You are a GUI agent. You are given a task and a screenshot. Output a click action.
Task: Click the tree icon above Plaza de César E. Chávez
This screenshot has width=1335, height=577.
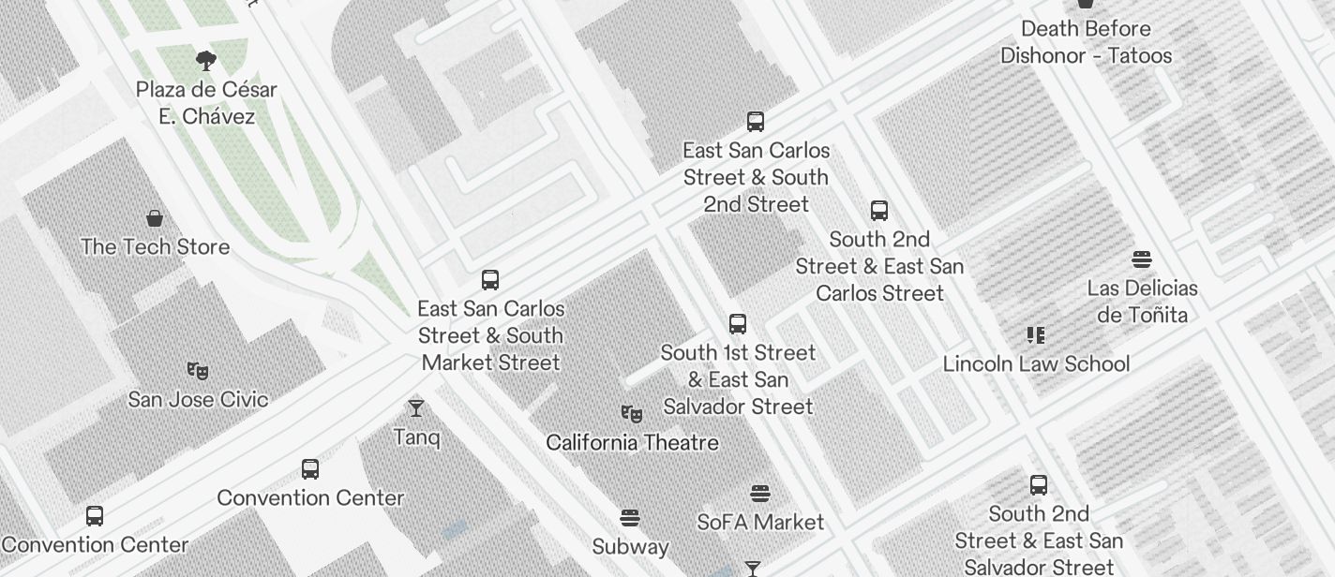tap(206, 62)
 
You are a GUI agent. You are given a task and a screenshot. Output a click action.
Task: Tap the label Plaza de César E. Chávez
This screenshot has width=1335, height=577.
tap(206, 103)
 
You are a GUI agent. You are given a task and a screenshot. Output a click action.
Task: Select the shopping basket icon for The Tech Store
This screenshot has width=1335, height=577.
tap(155, 219)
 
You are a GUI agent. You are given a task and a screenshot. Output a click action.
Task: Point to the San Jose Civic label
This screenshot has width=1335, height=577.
tap(198, 399)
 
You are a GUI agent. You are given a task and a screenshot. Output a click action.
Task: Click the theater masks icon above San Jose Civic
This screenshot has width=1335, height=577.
tap(197, 371)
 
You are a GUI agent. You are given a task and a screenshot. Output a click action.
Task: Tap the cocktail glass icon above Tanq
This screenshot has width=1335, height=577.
tap(416, 408)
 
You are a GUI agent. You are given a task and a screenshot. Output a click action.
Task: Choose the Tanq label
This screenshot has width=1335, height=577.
tap(416, 437)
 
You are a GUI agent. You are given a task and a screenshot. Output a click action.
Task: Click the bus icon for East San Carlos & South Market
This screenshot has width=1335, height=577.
tap(490, 279)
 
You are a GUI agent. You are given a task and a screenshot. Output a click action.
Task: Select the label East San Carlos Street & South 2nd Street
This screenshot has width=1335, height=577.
tap(756, 177)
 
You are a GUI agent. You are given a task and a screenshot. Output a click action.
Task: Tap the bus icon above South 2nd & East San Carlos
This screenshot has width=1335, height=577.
tap(879, 211)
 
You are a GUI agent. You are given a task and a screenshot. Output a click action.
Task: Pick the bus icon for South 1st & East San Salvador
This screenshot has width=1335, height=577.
tap(738, 324)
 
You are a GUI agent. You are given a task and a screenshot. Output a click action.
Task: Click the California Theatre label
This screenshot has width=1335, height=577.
tap(632, 442)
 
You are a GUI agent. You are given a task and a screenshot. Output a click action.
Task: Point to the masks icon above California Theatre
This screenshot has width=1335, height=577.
tap(632, 413)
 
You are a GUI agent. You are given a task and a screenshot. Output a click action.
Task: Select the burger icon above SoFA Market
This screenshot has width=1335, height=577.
tap(760, 494)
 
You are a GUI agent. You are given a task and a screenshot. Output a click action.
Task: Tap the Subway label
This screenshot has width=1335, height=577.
tap(630, 546)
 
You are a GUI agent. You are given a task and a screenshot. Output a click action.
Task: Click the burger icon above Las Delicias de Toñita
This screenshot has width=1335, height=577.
tap(1142, 259)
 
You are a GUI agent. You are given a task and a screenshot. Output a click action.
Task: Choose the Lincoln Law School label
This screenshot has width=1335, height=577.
tap(1036, 363)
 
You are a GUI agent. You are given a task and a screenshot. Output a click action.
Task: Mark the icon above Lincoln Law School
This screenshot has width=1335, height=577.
tap(1036, 334)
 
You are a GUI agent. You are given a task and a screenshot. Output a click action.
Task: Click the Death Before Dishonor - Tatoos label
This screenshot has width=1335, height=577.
tap(1086, 42)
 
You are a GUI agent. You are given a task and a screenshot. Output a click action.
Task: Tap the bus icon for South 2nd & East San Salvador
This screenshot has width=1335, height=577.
tap(1039, 485)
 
